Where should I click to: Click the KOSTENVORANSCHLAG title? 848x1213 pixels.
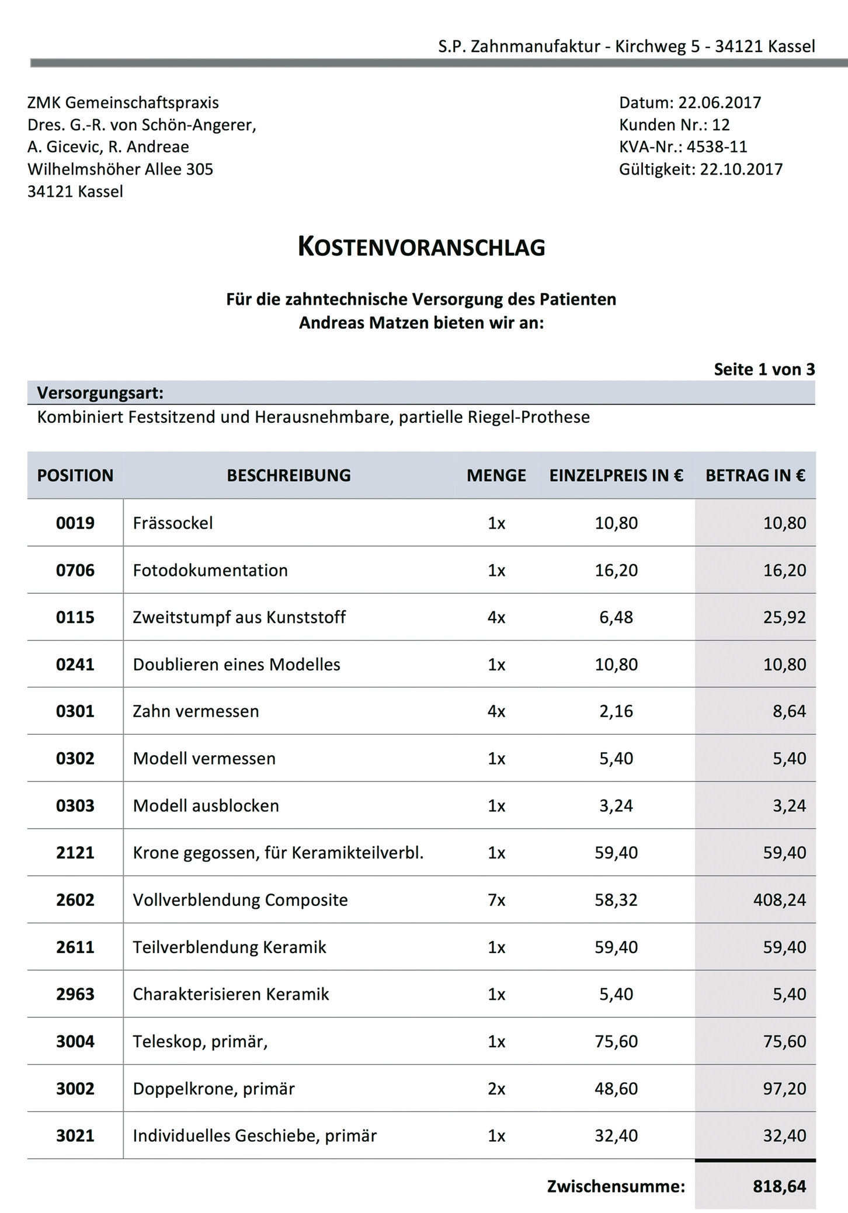click(x=421, y=247)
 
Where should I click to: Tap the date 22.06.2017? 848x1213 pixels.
click(x=720, y=103)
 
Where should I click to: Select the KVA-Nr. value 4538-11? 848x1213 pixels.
click(x=717, y=147)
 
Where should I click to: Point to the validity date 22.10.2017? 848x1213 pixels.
click(x=741, y=169)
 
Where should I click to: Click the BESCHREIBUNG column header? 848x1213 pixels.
click(x=289, y=475)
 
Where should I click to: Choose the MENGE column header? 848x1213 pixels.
click(x=496, y=475)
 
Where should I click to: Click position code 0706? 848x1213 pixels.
click(x=75, y=570)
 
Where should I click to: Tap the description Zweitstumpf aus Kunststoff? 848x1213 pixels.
click(x=239, y=617)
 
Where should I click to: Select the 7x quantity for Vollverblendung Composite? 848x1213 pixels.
click(x=496, y=900)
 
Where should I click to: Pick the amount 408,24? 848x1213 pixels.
click(x=779, y=900)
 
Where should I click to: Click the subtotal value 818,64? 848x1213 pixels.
click(x=779, y=1186)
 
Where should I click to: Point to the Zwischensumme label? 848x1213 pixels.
click(x=616, y=1186)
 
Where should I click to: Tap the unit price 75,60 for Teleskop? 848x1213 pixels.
click(x=616, y=1041)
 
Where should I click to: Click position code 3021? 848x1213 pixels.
click(x=75, y=1135)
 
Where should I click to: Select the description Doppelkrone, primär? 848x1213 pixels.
click(x=214, y=1089)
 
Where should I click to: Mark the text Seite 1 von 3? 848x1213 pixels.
click(x=764, y=369)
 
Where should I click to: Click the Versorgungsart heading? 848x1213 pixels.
click(x=100, y=393)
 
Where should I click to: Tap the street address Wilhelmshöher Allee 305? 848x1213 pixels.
click(x=120, y=169)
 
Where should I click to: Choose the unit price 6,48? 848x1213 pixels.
click(x=616, y=617)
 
